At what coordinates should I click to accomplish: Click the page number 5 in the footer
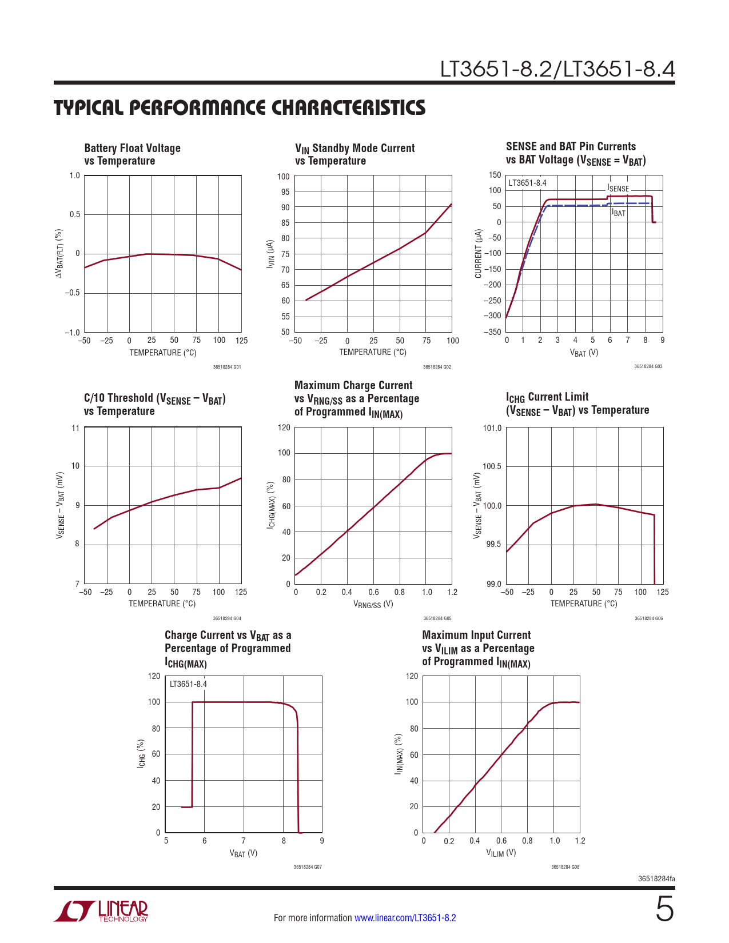[664, 909]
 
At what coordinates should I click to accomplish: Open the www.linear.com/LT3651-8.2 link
[405, 918]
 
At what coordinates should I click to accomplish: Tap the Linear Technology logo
[101, 911]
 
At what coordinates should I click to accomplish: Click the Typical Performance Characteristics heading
[240, 107]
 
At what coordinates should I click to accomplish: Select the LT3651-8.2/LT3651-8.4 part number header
[557, 69]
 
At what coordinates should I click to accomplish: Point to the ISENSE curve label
[618, 189]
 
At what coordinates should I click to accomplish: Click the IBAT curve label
[619, 213]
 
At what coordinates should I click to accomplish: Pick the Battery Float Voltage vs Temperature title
[132, 154]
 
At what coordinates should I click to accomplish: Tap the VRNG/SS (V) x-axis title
[373, 604]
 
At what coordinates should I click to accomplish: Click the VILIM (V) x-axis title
[501, 853]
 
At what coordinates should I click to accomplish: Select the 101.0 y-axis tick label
[492, 428]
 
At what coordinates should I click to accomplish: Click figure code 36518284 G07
[308, 867]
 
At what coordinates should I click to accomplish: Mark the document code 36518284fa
[656, 878]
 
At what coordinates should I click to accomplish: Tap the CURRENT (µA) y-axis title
[479, 254]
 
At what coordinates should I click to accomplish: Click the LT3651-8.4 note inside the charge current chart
[188, 684]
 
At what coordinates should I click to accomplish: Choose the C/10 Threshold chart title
[154, 405]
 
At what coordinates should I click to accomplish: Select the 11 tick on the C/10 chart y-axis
[75, 428]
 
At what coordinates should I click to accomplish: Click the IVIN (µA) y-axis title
[271, 254]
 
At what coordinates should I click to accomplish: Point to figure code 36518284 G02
[437, 367]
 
